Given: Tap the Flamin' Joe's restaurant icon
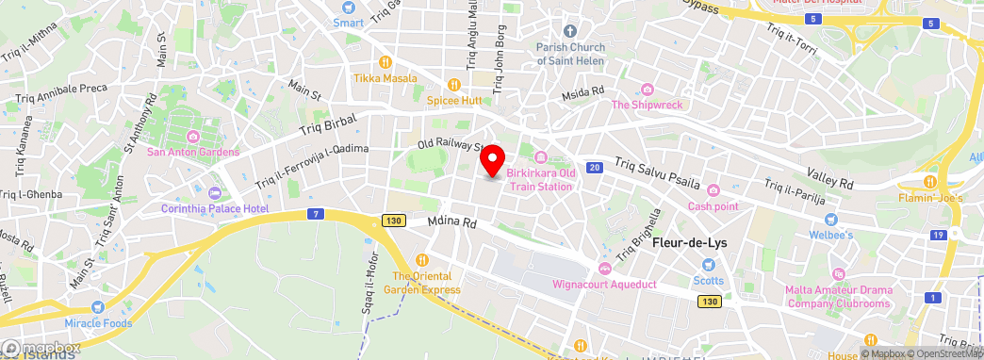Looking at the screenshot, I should click(929, 182).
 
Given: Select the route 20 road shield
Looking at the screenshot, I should click(593, 168).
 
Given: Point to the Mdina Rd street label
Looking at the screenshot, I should click(452, 224).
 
